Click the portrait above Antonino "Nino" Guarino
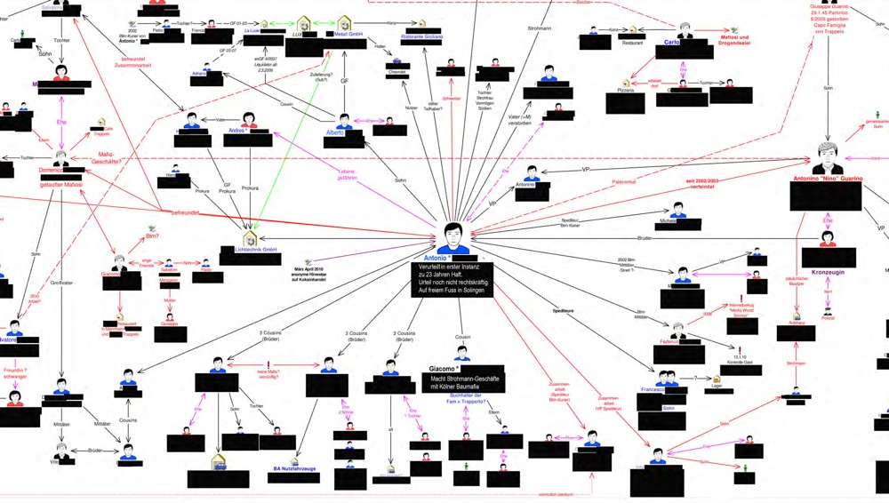[x=828, y=157]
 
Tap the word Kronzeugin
[x=828, y=272]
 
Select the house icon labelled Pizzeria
[x=626, y=82]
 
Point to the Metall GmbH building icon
[x=345, y=22]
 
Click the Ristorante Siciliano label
[x=421, y=36]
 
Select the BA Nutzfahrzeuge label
[x=294, y=467]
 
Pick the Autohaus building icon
[x=797, y=316]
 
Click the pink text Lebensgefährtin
[x=347, y=174]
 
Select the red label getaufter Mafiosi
[x=60, y=184]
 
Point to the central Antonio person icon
[x=454, y=237]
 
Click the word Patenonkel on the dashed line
[x=623, y=182]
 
